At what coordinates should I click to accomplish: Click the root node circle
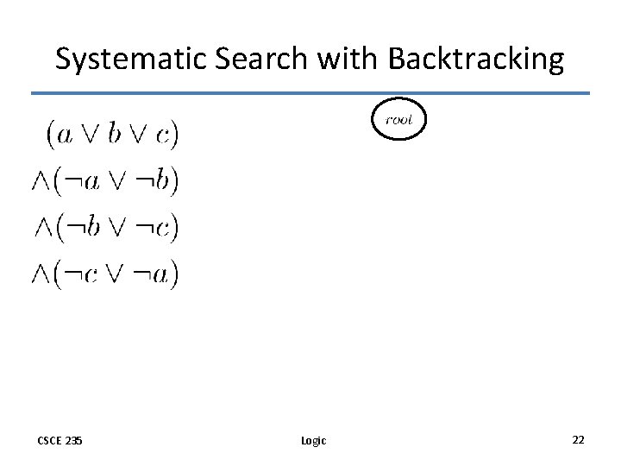click(398, 120)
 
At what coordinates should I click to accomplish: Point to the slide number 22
click(578, 440)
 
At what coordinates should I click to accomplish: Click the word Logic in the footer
click(314, 441)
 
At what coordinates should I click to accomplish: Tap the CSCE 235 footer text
click(60, 441)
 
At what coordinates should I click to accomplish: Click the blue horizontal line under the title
click(310, 93)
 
